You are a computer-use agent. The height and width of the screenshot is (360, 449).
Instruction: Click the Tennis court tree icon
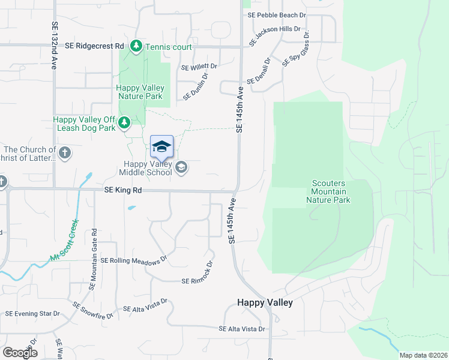pyautogui.click(x=137, y=46)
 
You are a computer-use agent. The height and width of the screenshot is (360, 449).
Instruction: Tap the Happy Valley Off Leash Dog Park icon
pyautogui.click(x=124, y=123)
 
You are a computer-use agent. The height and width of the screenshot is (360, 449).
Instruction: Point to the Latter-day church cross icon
pyautogui.click(x=65, y=153)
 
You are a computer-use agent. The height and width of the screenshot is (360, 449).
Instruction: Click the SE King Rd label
pyautogui.click(x=122, y=190)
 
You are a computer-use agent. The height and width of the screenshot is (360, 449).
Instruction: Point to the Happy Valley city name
pyautogui.click(x=265, y=302)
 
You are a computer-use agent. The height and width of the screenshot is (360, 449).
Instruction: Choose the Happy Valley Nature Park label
pyautogui.click(x=140, y=92)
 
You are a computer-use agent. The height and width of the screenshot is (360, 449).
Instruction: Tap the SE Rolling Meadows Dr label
pyautogui.click(x=134, y=261)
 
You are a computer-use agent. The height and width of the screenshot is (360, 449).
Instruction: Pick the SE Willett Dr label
pyautogui.click(x=199, y=67)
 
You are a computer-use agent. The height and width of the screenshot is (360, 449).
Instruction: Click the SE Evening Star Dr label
pyautogui.click(x=33, y=313)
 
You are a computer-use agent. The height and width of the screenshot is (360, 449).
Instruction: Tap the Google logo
pyautogui.click(x=20, y=353)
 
